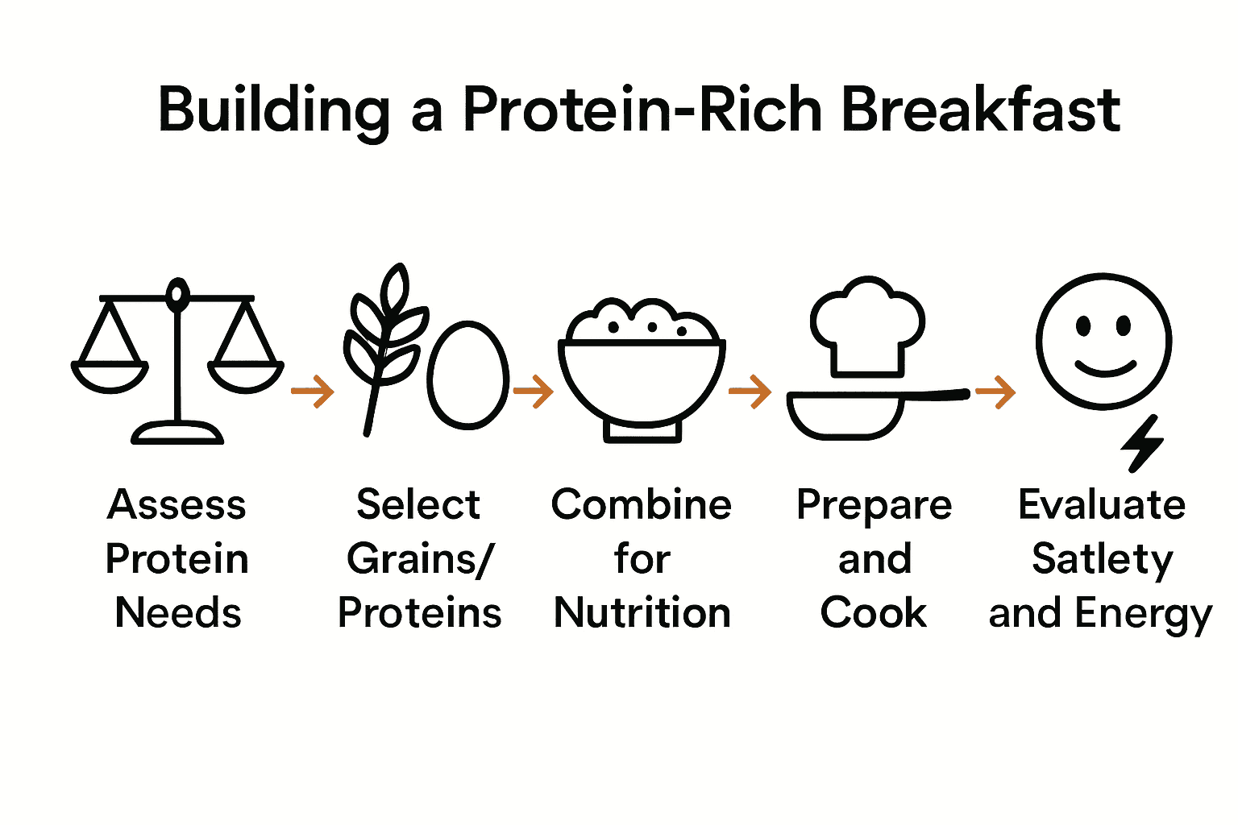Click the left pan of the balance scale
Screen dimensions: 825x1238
tap(110, 377)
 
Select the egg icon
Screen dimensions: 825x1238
tap(467, 375)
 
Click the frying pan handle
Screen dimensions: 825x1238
tap(935, 394)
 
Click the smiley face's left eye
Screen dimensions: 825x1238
tap(1084, 326)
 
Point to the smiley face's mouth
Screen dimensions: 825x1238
tap(1105, 368)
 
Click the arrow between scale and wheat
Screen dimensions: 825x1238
tap(313, 392)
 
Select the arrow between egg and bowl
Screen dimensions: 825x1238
tap(533, 392)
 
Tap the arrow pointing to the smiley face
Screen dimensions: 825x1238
tap(995, 392)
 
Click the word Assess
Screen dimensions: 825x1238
tap(177, 505)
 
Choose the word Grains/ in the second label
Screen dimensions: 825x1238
tap(419, 559)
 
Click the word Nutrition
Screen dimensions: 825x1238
tap(642, 612)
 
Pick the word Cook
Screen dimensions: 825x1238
tap(874, 612)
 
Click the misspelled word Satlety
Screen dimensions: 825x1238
tap(1102, 559)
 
